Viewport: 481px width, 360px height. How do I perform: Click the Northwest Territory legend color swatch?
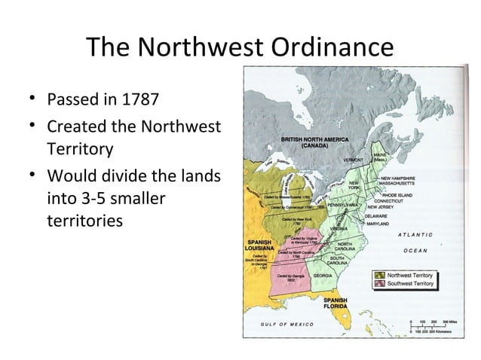(x=379, y=276)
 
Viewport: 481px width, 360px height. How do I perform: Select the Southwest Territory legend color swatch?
(x=379, y=284)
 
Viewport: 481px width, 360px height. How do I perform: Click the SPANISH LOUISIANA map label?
(x=259, y=246)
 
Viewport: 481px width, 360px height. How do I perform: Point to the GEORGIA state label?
(x=324, y=276)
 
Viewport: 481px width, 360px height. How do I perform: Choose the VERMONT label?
(x=356, y=160)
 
